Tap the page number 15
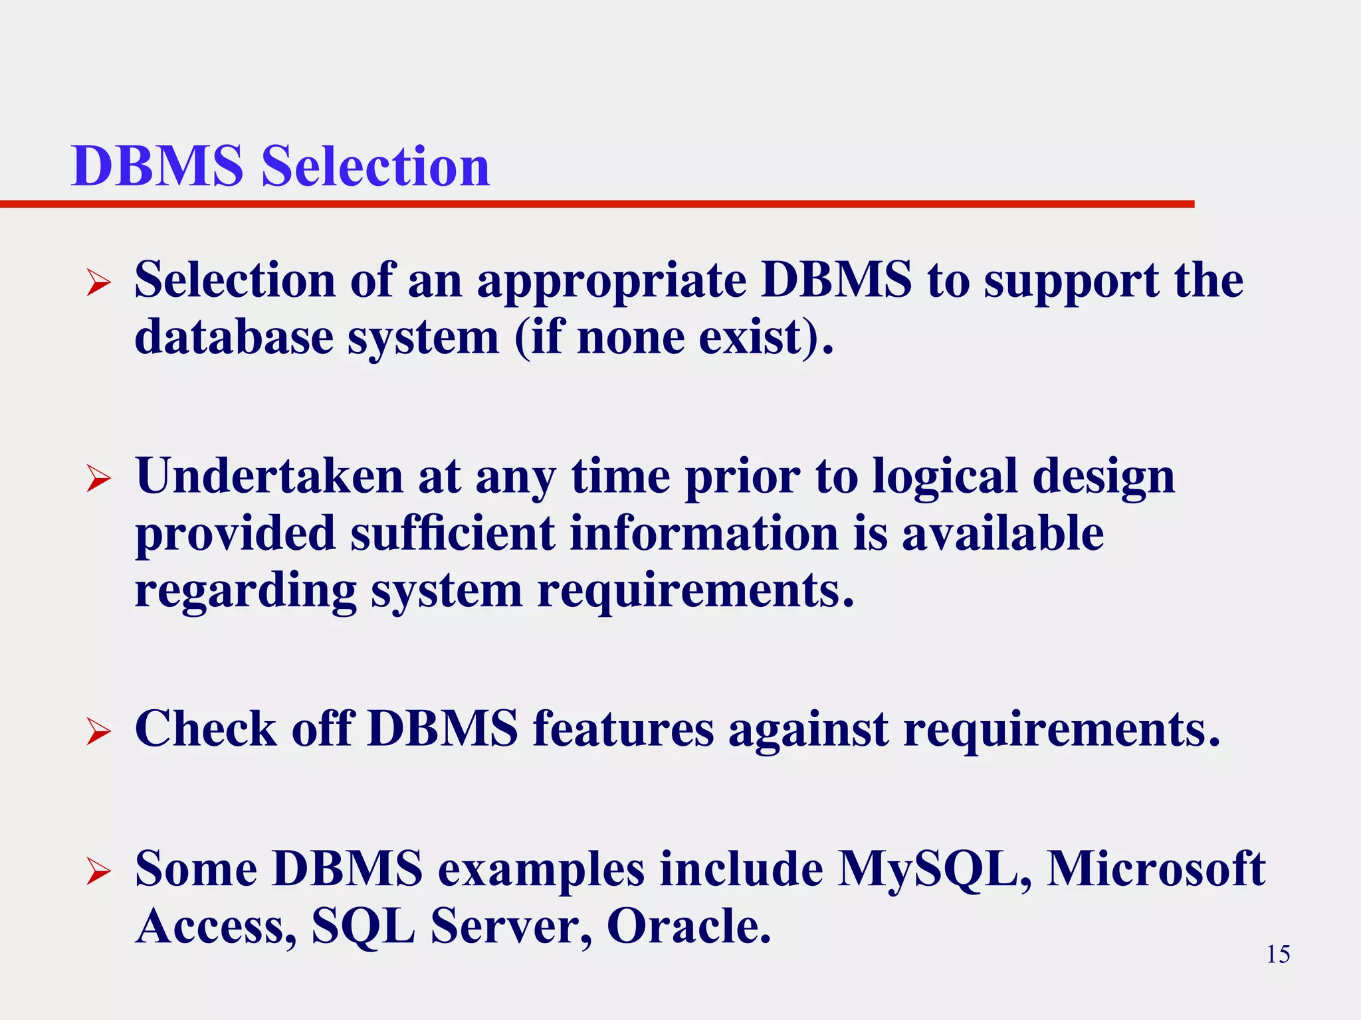(x=1278, y=954)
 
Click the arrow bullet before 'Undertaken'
(x=98, y=479)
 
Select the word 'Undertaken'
(x=269, y=477)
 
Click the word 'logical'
(x=944, y=477)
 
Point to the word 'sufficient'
(x=452, y=534)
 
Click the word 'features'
(x=623, y=729)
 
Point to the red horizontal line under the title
(x=598, y=204)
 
